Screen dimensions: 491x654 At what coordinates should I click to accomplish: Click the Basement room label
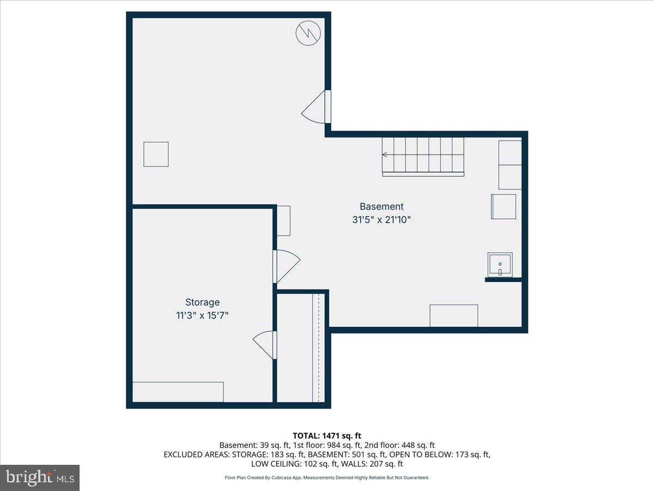click(381, 207)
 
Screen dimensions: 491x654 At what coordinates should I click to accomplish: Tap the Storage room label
click(202, 302)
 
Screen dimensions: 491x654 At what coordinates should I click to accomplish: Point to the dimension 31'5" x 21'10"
click(381, 220)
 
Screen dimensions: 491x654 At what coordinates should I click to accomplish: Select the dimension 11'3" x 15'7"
click(202, 316)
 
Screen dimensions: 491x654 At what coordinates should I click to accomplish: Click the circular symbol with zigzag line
click(308, 33)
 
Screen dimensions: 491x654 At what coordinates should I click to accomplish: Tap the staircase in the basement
click(423, 156)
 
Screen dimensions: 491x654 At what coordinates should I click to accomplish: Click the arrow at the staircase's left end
click(385, 155)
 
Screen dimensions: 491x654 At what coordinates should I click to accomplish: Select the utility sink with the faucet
click(500, 265)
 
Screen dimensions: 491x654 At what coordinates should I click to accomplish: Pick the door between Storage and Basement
click(286, 266)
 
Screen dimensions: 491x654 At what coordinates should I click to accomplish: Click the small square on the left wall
click(156, 154)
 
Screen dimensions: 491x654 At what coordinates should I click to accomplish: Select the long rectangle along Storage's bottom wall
click(178, 392)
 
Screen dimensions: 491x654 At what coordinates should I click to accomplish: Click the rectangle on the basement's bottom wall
click(453, 315)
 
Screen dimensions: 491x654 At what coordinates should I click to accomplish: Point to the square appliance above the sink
click(504, 206)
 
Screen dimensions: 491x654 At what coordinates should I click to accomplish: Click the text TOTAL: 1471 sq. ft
click(327, 435)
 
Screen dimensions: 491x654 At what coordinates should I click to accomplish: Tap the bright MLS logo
click(40, 477)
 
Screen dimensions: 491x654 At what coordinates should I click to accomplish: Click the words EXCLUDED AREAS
click(195, 454)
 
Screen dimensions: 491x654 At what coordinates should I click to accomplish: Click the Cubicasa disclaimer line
click(327, 477)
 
